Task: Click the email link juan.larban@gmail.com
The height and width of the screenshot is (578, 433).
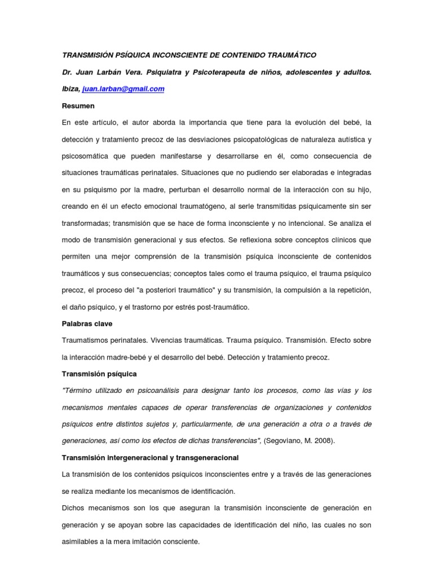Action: click(123, 89)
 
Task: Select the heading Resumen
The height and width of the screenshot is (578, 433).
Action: click(78, 106)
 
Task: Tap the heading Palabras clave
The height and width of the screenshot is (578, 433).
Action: click(87, 324)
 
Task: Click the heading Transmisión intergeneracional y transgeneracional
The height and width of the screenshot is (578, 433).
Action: click(150, 457)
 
